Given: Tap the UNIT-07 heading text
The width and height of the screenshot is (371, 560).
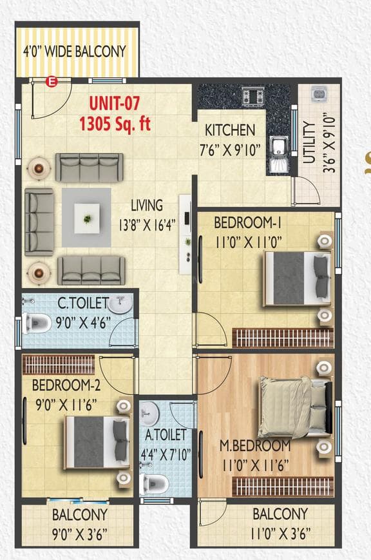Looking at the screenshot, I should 114,102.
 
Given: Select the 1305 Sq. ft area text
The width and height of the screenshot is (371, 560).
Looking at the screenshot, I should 115,123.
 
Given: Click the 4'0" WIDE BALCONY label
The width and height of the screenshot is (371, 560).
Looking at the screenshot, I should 74,51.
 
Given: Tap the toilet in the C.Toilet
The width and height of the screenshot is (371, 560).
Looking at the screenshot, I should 37,323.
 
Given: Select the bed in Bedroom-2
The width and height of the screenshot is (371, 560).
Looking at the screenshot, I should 95,440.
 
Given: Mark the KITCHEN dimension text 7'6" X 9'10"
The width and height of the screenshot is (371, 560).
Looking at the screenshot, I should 229,150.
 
